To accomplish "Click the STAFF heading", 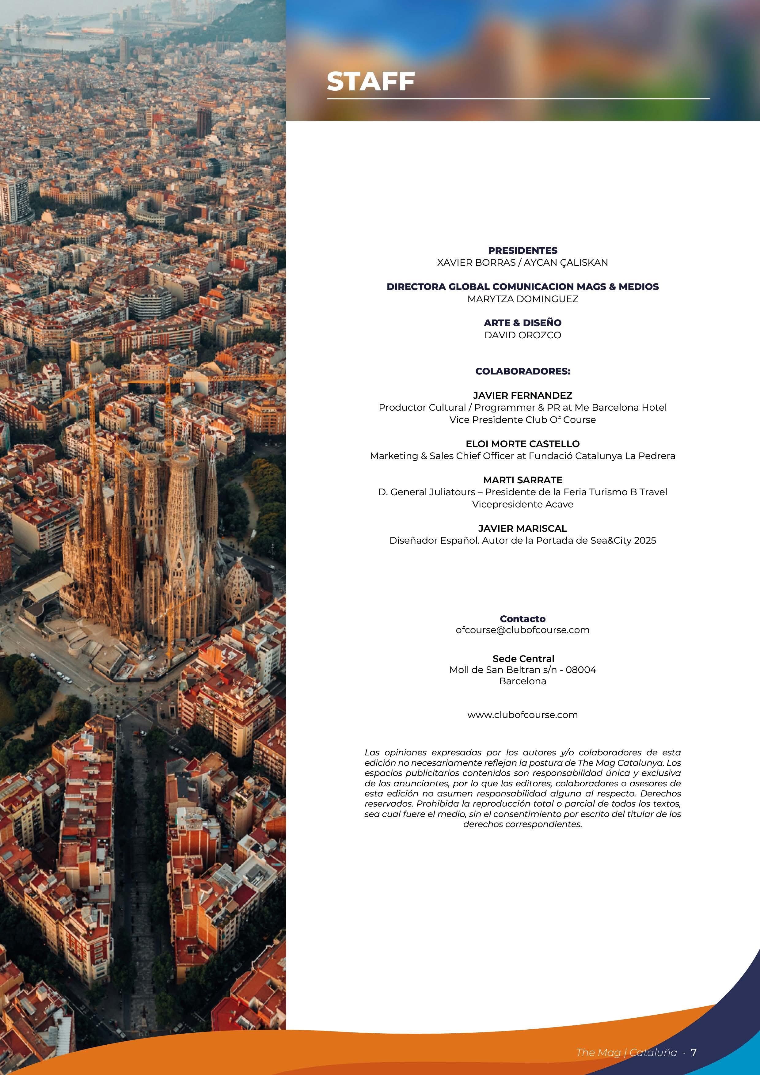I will [370, 82].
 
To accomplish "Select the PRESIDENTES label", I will [522, 250].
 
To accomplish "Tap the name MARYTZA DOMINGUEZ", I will [522, 299].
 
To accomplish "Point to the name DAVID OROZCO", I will [522, 335].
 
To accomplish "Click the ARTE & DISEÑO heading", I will [522, 323].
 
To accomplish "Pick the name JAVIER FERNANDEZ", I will [522, 396].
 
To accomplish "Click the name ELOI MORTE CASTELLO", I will [522, 443].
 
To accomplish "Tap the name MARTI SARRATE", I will [522, 480].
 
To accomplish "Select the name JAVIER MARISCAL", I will [522, 528].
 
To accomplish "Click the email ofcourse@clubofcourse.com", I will [522, 630].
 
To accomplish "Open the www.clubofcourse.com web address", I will [522, 715].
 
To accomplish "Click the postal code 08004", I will [581, 670].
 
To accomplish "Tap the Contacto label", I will [522, 618].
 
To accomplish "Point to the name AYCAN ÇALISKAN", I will [566, 263].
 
